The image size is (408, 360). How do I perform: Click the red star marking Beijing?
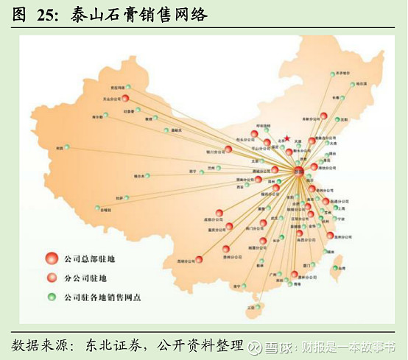tap(286, 137)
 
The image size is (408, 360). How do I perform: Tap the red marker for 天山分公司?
tap(125, 98)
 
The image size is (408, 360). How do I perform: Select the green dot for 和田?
tap(67, 147)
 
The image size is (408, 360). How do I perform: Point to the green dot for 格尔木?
tap(147, 175)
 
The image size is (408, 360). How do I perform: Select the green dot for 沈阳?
tap(338, 120)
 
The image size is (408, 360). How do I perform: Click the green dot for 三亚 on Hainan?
tap(258, 305)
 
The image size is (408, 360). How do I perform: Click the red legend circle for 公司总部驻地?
tap(51, 258)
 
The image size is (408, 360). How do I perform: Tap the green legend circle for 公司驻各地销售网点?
tap(51, 297)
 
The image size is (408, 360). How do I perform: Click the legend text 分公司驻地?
tap(85, 278)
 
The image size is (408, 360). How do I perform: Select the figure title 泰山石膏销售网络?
tap(139, 15)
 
